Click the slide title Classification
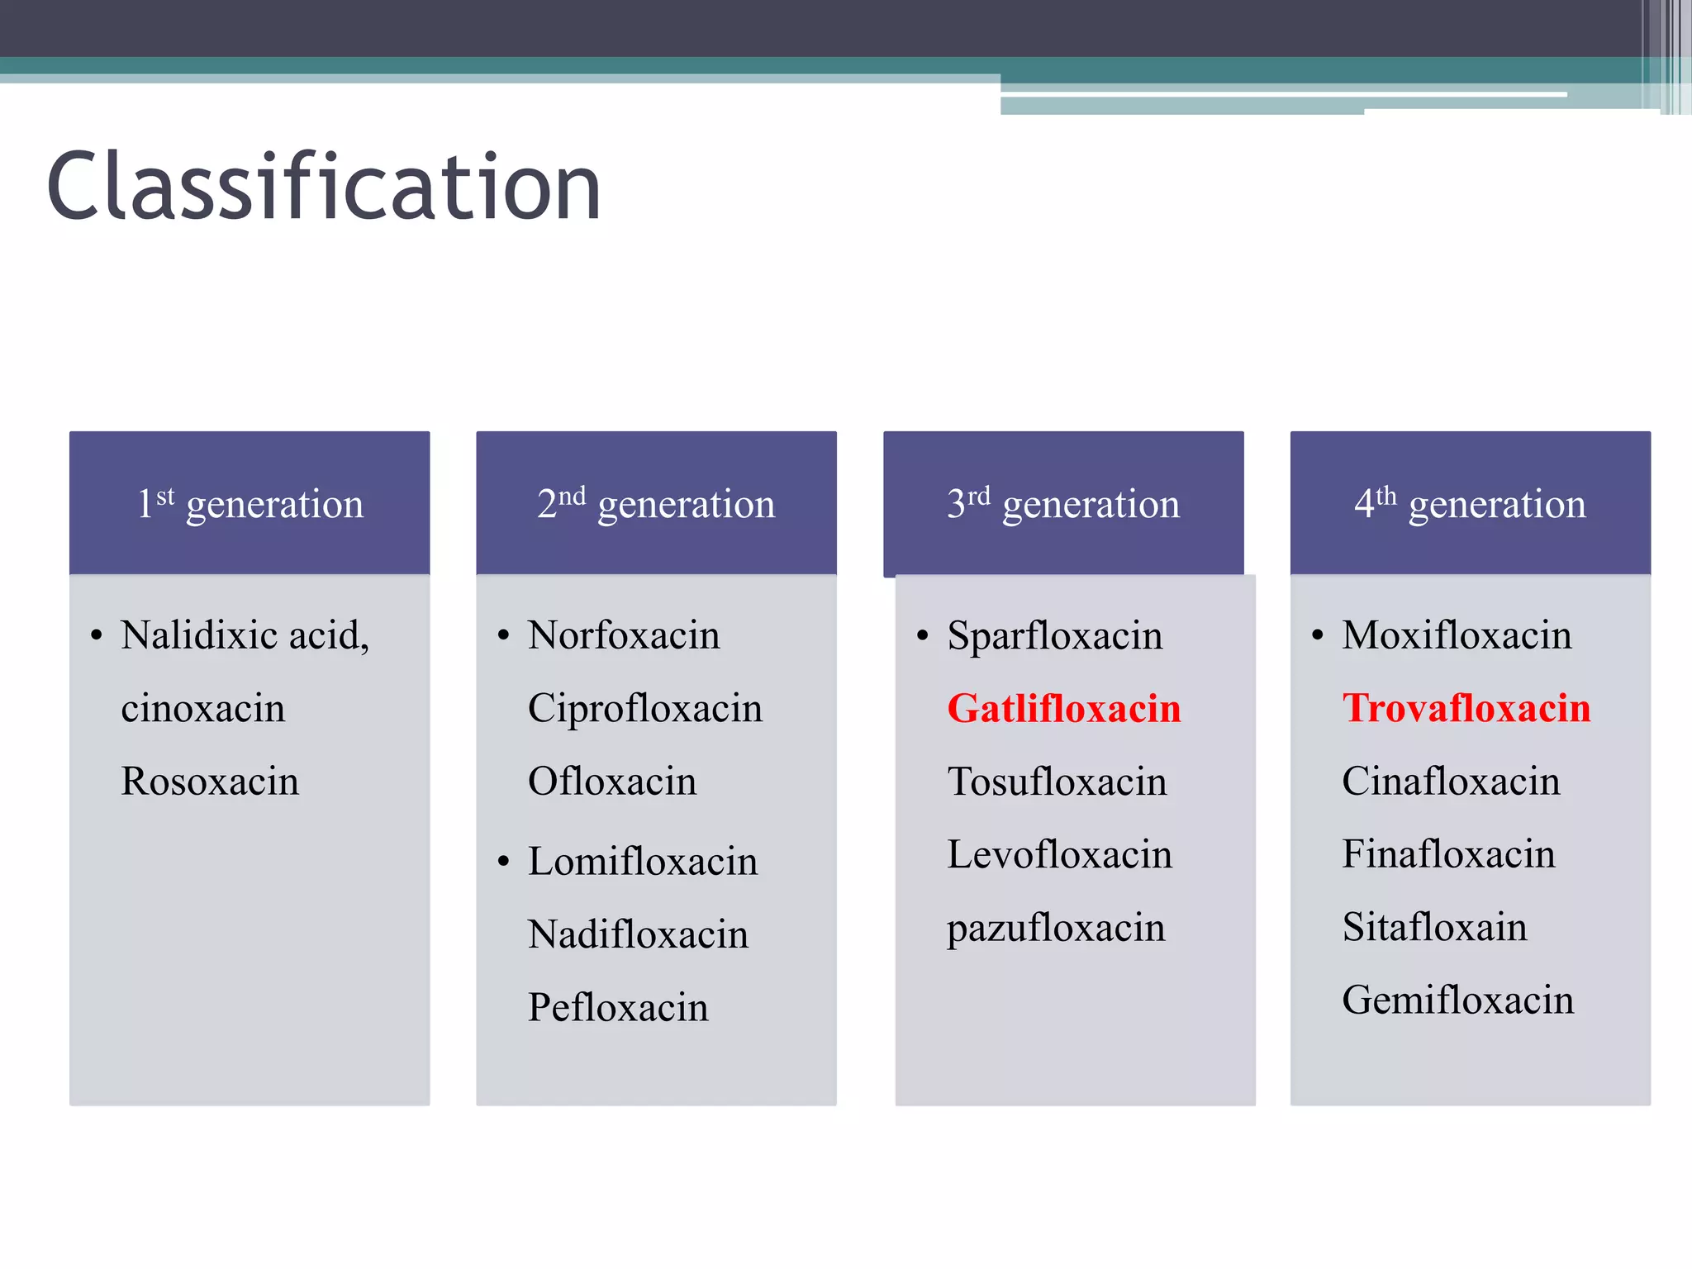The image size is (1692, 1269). [324, 188]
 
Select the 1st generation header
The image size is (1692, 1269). [250, 503]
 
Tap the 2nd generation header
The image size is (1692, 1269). [656, 503]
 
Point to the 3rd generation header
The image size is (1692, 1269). [1063, 503]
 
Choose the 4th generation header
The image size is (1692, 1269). [1470, 503]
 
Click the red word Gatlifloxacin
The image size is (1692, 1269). [1064, 709]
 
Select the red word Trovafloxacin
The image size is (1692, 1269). [1466, 708]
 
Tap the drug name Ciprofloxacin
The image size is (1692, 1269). [644, 709]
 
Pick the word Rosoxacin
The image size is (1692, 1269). [210, 782]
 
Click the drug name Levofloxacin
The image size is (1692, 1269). [1059, 854]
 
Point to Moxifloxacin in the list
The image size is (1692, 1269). [1457, 635]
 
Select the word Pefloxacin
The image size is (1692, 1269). [618, 1008]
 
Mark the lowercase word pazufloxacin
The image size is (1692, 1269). [1056, 929]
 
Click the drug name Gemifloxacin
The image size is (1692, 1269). [1457, 1000]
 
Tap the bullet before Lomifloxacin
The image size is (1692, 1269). [504, 863]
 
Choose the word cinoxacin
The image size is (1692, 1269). [203, 709]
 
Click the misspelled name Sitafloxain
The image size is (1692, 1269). [1434, 927]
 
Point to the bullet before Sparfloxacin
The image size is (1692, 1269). [923, 636]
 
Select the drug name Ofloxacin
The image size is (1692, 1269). [612, 782]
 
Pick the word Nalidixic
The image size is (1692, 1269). [199, 635]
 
